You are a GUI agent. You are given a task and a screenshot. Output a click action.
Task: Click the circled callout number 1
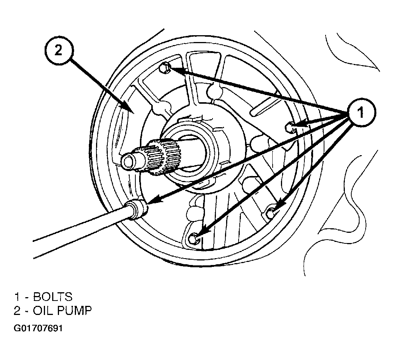(361, 112)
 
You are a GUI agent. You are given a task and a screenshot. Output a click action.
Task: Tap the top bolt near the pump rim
(164, 68)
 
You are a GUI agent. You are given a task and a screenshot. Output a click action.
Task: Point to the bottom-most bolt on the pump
(194, 238)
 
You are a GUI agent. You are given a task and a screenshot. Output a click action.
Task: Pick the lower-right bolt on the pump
(271, 213)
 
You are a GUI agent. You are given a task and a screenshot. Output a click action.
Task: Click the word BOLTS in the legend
(53, 297)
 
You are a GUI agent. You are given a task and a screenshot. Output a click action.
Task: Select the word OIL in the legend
(42, 311)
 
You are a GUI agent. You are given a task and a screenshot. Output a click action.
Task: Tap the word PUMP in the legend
(74, 311)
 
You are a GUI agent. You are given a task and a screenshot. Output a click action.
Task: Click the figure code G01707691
(38, 328)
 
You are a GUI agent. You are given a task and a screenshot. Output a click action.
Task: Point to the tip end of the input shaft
(128, 161)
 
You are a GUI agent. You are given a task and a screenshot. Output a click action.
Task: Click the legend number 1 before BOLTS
(17, 297)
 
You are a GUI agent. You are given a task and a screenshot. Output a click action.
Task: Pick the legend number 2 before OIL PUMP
(17, 311)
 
